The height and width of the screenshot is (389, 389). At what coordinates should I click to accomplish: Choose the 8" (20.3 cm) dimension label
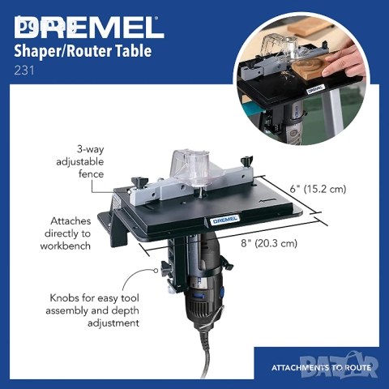[x=259, y=242]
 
